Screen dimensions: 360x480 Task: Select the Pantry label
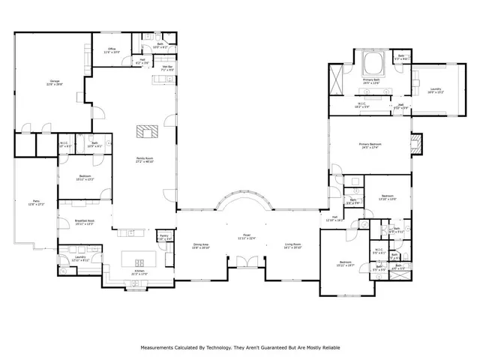(163, 237)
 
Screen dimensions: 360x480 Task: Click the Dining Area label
(201, 245)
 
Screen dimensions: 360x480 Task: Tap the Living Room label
(292, 245)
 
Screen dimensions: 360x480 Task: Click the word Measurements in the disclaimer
(160, 348)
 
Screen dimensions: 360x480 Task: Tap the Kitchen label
(139, 272)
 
